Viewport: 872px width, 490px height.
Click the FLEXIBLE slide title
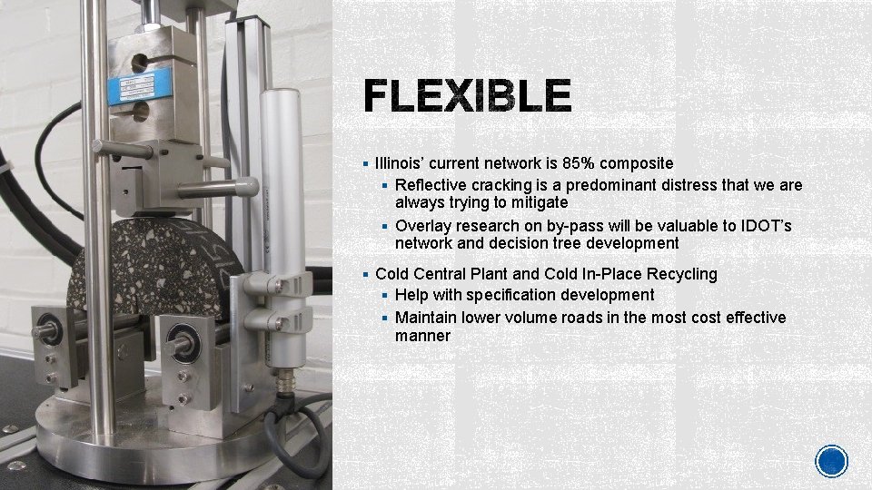coord(468,95)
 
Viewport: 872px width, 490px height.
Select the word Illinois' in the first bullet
coord(400,163)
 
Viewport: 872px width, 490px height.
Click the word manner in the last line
coord(422,336)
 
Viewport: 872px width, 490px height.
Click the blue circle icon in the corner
coord(831,461)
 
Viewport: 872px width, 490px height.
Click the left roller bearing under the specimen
coord(50,329)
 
